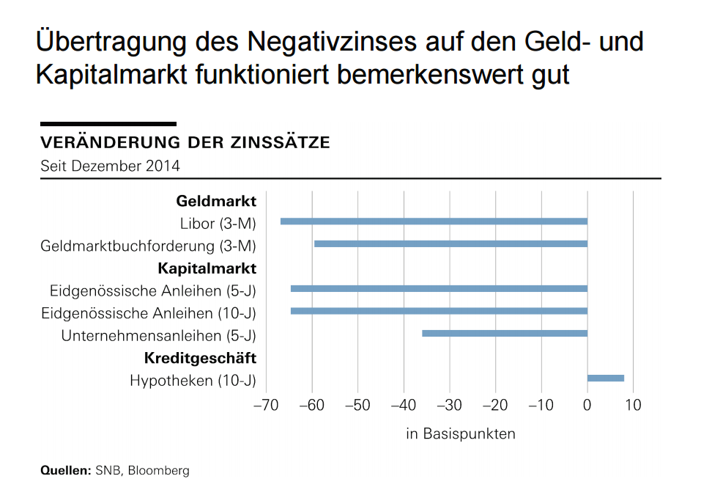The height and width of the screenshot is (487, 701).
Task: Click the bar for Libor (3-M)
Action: coord(434,221)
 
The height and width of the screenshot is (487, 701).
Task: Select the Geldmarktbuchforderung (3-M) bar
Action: coord(450,243)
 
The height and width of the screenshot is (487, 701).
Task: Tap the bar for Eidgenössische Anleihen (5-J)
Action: coord(439,289)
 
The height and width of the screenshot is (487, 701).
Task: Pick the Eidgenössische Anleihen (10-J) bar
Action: coord(439,311)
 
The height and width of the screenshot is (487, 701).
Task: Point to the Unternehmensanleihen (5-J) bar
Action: coord(505,334)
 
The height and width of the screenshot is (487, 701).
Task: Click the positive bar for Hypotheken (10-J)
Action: coord(606,378)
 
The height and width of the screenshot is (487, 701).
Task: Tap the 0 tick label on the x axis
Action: coord(587,405)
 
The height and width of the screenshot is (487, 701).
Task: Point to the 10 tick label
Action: coord(633,405)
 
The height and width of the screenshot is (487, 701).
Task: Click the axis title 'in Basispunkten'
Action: coord(461,433)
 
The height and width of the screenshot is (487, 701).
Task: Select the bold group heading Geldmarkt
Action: coord(216,201)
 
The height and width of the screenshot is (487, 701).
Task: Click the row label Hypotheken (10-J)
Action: coord(193,381)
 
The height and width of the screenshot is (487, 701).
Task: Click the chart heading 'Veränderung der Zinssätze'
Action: coord(185,142)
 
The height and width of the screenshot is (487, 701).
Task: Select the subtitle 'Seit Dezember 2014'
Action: coord(110,166)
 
